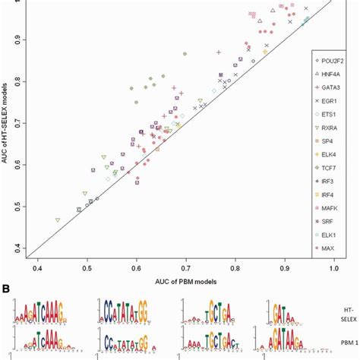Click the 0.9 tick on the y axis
tap(17, 38)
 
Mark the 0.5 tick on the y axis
tap(17, 207)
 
